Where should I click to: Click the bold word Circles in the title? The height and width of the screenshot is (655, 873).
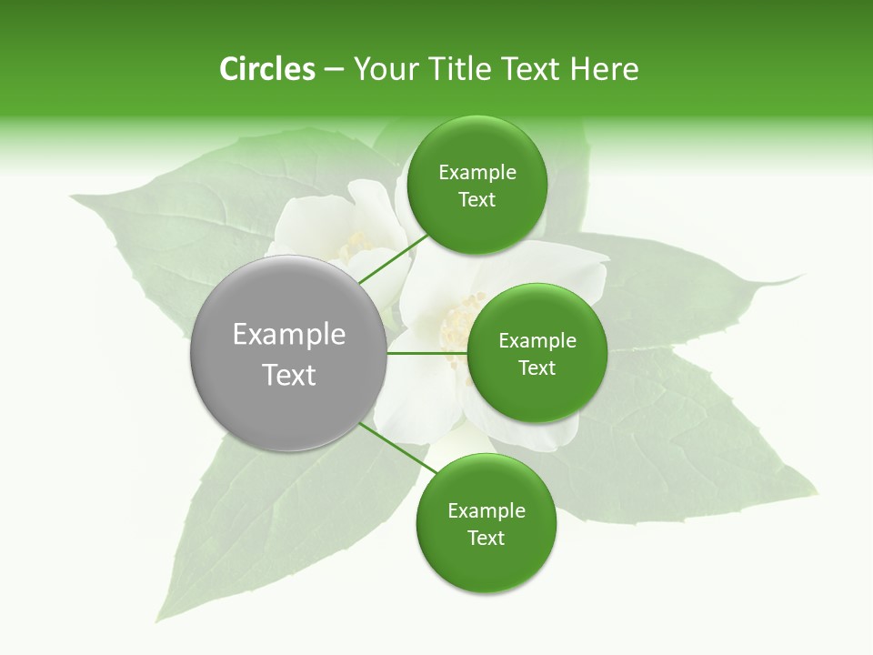click(x=266, y=69)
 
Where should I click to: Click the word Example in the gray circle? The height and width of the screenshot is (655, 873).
click(x=289, y=335)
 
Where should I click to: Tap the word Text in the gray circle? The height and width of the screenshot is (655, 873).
click(x=289, y=375)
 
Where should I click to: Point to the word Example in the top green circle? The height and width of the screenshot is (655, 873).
click(x=477, y=173)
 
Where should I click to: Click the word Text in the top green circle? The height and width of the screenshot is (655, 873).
click(x=477, y=200)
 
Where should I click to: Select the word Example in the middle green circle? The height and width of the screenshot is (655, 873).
click(x=537, y=341)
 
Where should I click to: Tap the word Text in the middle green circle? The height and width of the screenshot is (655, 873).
click(x=537, y=368)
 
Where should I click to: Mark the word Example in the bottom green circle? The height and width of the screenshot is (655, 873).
click(x=487, y=511)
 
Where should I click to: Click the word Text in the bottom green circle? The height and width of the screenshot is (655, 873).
click(x=486, y=539)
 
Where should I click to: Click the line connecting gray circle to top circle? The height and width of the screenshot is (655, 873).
click(x=393, y=258)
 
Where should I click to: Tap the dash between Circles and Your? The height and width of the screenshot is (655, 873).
click(x=334, y=69)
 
